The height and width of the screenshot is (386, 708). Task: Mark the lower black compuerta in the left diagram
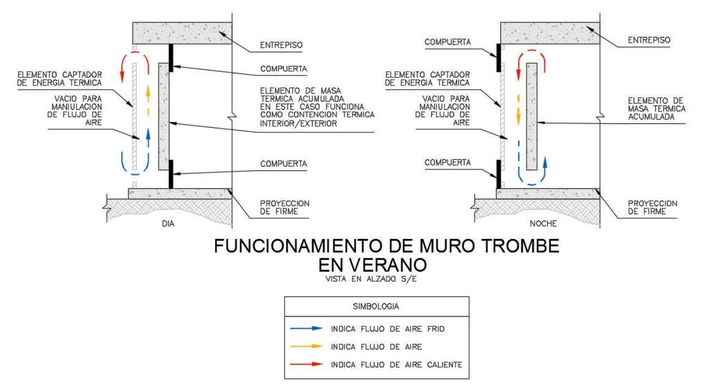pos(171,174)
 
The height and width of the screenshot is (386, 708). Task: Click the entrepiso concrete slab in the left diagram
pos(182,33)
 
